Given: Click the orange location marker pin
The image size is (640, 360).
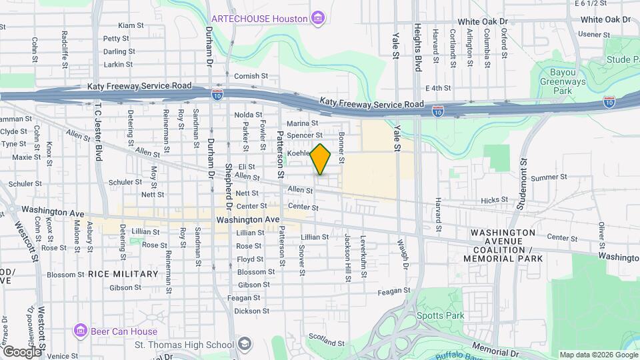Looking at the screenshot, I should click(x=321, y=159).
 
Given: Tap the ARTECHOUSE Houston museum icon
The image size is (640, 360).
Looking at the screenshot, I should click(x=318, y=17).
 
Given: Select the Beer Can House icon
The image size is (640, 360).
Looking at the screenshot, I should click(x=81, y=331).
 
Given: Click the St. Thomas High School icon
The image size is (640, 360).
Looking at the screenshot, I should click(x=245, y=344).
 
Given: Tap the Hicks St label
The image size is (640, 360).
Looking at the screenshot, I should click(x=494, y=199).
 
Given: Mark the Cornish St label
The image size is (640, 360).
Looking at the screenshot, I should click(x=246, y=76).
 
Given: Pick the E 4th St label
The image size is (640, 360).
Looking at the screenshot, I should click(x=438, y=88).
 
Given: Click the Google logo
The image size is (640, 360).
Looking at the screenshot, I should click(x=21, y=351).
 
